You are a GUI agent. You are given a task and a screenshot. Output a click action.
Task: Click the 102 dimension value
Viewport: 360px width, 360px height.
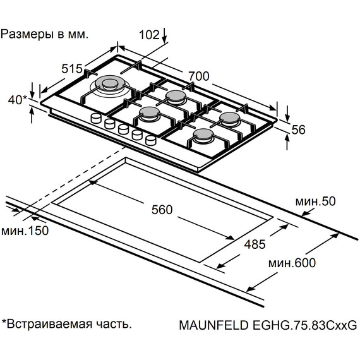click(x=148, y=35)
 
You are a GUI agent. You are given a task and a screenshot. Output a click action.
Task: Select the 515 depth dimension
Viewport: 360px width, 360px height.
click(x=73, y=69)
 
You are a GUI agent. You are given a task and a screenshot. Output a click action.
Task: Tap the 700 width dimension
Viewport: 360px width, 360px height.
click(x=199, y=76)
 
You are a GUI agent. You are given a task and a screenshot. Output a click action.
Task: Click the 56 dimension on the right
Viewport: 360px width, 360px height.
click(x=299, y=129)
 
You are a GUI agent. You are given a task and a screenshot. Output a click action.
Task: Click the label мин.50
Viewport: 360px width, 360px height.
click(x=313, y=201)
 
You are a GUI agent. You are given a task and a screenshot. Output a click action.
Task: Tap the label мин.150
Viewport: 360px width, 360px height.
click(x=24, y=231)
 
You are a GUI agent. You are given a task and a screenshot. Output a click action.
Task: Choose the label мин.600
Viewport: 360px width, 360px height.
click(x=291, y=263)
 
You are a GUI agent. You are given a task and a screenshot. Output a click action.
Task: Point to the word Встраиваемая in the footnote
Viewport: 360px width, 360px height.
click(x=52, y=324)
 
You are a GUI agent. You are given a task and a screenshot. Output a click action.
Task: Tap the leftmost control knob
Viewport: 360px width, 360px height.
click(x=97, y=118)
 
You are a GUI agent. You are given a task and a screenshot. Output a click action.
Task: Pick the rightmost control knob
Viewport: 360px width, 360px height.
click(x=150, y=140)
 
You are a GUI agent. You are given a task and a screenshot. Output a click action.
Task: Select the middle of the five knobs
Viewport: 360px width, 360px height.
click(x=123, y=129)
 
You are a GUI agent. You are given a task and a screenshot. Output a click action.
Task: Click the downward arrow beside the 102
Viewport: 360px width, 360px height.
click(x=165, y=35)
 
